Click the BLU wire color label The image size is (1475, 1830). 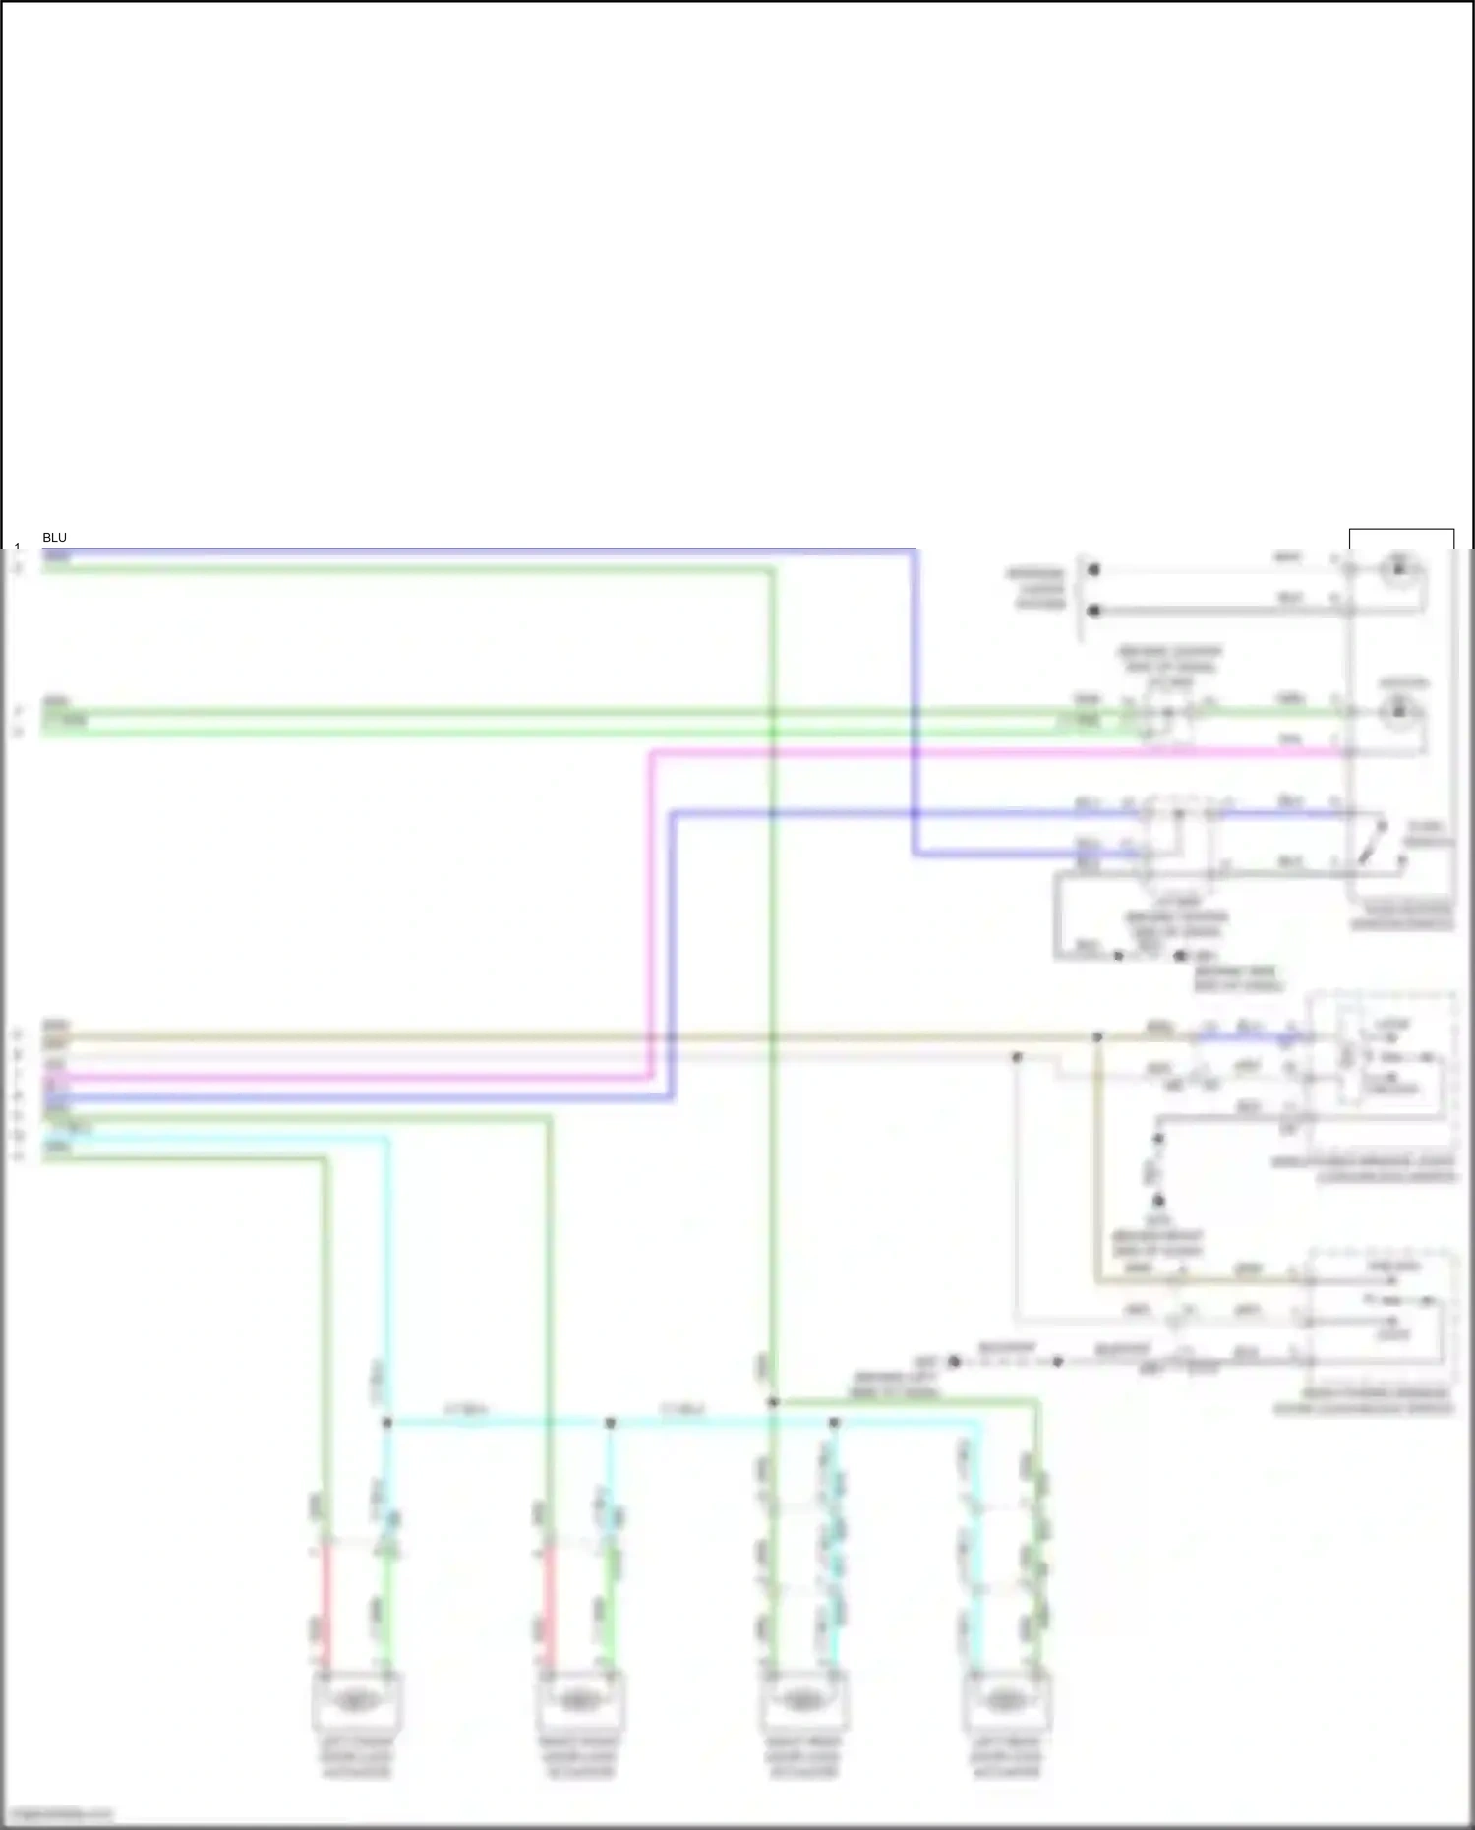coord(54,538)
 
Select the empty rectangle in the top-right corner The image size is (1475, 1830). coord(1401,539)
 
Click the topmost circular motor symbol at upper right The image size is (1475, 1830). coord(1399,569)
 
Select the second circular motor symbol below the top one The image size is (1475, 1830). coord(1399,711)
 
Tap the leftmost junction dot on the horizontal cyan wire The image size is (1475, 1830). coord(387,1423)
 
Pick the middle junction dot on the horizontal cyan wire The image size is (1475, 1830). coord(610,1423)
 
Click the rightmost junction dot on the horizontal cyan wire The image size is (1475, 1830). coord(834,1423)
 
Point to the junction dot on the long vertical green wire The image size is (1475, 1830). coord(773,1402)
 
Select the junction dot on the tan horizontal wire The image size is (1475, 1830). coord(1097,1036)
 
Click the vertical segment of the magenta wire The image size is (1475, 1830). coord(651,915)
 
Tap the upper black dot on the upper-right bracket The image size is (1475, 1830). coord(1093,569)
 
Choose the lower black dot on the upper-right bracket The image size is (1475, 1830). coord(1093,611)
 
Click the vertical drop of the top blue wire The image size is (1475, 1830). coord(914,703)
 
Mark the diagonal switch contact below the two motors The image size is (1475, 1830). coord(1374,844)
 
